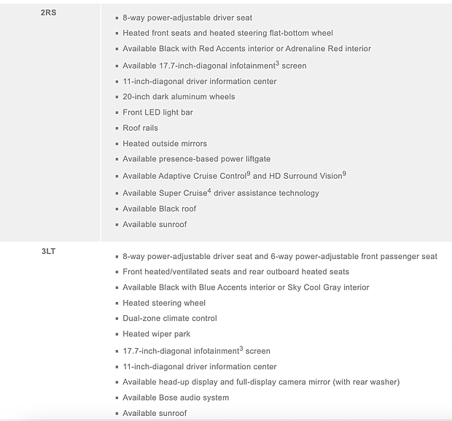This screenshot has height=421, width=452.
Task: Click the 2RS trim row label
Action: [49, 13]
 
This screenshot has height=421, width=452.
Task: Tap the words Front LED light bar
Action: [157, 112]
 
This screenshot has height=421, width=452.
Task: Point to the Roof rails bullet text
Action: [140, 128]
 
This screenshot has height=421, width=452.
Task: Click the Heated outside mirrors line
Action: [165, 144]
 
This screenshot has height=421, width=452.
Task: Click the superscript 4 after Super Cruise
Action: [209, 190]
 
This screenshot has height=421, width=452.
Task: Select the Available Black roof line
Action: [159, 209]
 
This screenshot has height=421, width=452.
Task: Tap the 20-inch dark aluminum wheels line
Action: [179, 97]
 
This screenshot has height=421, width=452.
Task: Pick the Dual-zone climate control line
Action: [170, 318]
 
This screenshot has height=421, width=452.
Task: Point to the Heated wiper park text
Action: [156, 334]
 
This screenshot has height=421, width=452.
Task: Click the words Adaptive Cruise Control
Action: [203, 177]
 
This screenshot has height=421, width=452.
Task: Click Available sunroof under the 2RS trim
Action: [155, 225]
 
